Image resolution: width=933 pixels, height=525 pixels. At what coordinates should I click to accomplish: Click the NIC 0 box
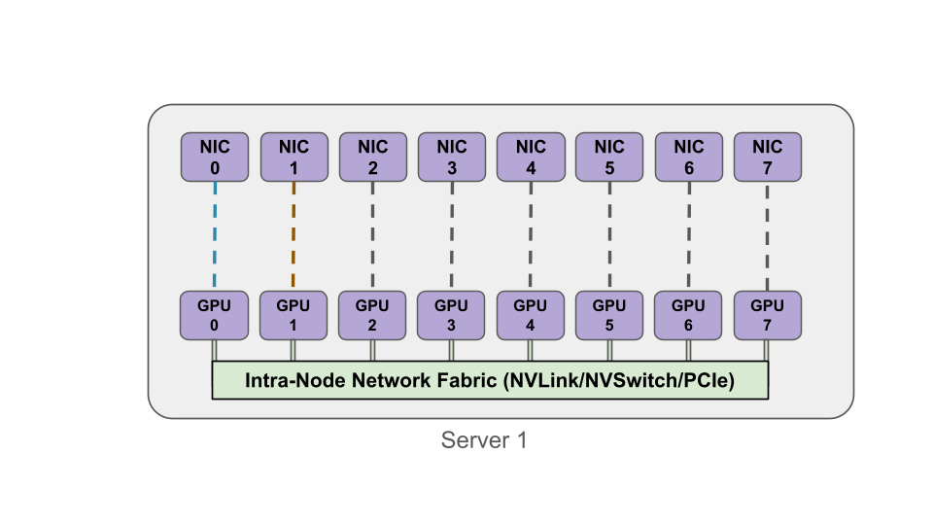click(x=214, y=157)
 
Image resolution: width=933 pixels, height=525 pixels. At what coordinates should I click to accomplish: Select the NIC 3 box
click(x=451, y=157)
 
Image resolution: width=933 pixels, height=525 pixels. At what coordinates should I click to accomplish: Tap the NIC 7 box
click(x=768, y=157)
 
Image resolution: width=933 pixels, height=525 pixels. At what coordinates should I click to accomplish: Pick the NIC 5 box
click(x=609, y=157)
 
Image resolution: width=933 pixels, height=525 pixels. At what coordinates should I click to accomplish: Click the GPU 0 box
click(x=214, y=315)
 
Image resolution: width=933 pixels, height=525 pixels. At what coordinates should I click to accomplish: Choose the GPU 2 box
click(x=372, y=315)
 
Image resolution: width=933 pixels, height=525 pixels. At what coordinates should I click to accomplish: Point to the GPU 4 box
click(x=531, y=315)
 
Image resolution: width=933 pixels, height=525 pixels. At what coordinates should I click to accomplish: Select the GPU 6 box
click(x=688, y=315)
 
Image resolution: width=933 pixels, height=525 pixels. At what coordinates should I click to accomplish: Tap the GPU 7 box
click(x=768, y=315)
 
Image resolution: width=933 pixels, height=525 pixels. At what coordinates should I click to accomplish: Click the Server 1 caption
click(x=484, y=440)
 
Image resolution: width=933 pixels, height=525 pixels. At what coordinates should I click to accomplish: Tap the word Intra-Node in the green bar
click(x=281, y=380)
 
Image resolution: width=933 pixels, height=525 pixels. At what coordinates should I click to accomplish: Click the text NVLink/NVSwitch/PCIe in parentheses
click(x=619, y=380)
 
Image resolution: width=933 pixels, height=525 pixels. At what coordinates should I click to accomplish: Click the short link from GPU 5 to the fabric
click(x=609, y=350)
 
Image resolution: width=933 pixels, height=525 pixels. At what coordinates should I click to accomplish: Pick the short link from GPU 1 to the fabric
click(x=293, y=350)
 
